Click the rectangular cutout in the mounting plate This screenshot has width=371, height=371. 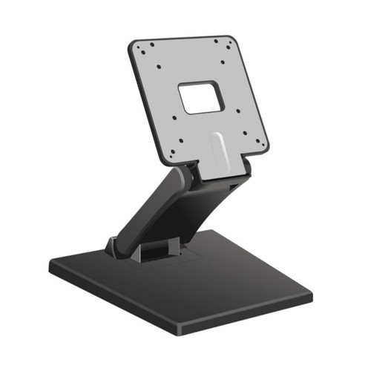coord(200,98)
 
